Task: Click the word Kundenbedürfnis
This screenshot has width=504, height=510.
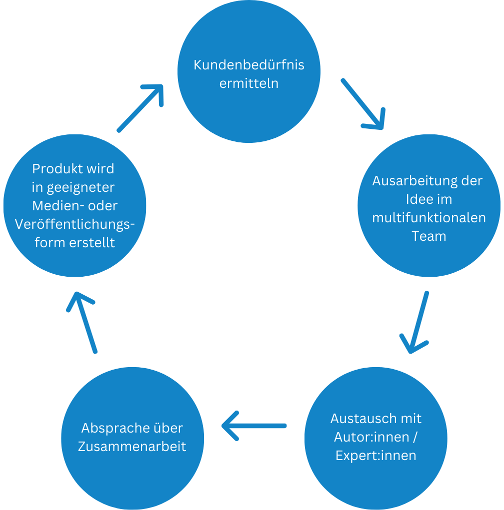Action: pos(248,65)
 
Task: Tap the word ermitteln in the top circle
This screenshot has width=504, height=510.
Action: pos(248,83)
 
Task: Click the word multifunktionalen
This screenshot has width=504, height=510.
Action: pos(429,218)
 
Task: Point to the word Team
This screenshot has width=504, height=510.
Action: pos(429,236)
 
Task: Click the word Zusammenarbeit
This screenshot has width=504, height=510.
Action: pos(132,446)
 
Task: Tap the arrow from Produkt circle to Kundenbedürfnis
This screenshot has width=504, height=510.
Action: pos(141,107)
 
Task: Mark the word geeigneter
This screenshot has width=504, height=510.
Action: pos(81,187)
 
